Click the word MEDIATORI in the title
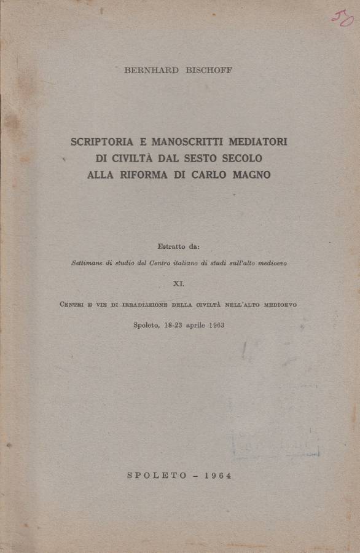pyautogui.click(x=258, y=142)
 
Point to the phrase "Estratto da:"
pyautogui.click(x=178, y=247)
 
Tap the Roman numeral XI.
pyautogui.click(x=179, y=283)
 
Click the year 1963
pyautogui.click(x=215, y=324)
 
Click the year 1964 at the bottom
pyautogui.click(x=212, y=476)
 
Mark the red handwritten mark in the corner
pyautogui.click(x=342, y=18)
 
